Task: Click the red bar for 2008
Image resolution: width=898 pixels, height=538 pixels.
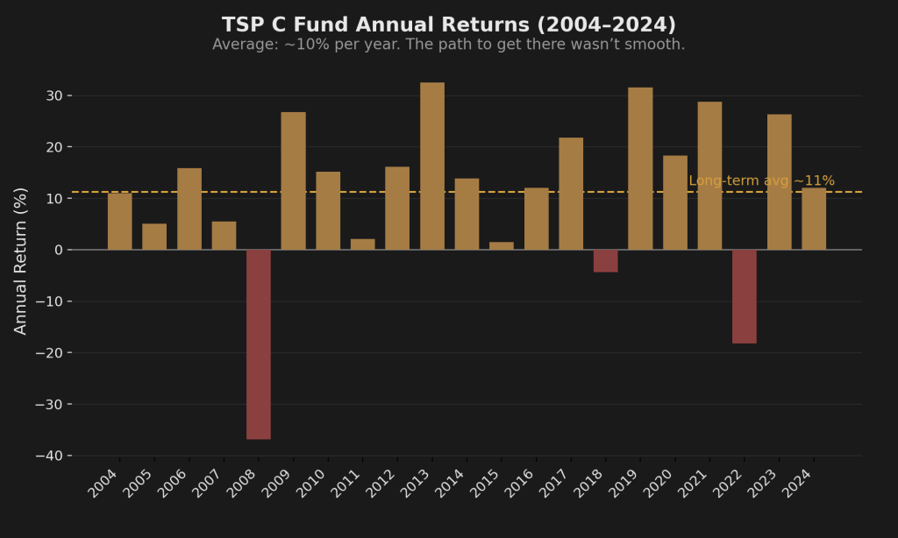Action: pyautogui.click(x=259, y=344)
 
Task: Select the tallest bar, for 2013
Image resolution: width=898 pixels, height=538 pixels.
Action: pyautogui.click(x=432, y=166)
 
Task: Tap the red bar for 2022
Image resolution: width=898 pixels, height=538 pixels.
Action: pyautogui.click(x=745, y=296)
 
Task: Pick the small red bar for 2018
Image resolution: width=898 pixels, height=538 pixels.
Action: pyautogui.click(x=605, y=261)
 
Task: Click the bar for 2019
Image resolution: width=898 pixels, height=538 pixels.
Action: pyautogui.click(x=640, y=168)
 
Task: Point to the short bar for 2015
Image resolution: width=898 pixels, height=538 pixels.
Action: pyautogui.click(x=502, y=246)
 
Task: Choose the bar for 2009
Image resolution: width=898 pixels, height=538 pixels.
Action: pyautogui.click(x=294, y=181)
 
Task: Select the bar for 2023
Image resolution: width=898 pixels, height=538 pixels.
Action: pyautogui.click(x=779, y=182)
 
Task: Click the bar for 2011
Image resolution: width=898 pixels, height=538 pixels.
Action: pyautogui.click(x=363, y=244)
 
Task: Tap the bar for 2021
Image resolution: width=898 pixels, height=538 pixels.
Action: pyautogui.click(x=709, y=175)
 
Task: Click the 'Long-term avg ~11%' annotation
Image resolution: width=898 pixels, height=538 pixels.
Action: pyautogui.click(x=761, y=181)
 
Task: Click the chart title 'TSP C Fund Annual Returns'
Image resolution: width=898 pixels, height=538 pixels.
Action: pyautogui.click(x=449, y=25)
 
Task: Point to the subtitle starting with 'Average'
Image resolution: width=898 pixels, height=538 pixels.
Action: pyautogui.click(x=449, y=45)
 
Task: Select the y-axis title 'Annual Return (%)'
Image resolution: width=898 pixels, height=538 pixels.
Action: pyautogui.click(x=21, y=260)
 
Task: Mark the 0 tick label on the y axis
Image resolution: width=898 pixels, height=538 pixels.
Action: pyautogui.click(x=58, y=250)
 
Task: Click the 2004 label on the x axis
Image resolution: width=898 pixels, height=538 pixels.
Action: pyautogui.click(x=103, y=483)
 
